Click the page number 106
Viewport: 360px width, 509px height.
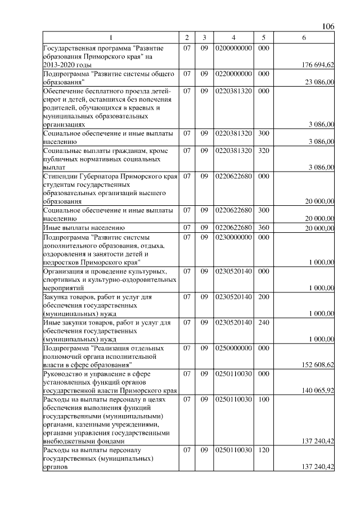pyautogui.click(x=328, y=26)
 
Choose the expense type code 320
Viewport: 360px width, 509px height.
pyautogui.click(x=263, y=150)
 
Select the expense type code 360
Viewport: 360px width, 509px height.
pyautogui.click(x=263, y=227)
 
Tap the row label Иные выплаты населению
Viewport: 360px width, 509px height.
pyautogui.click(x=80, y=228)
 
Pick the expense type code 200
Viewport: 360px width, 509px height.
pyautogui.click(x=263, y=296)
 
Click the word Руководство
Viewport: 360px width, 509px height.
pyautogui.click(x=64, y=373)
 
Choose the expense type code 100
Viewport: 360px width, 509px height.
pyautogui.click(x=263, y=399)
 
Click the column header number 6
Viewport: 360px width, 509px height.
pyautogui.click(x=304, y=37)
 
